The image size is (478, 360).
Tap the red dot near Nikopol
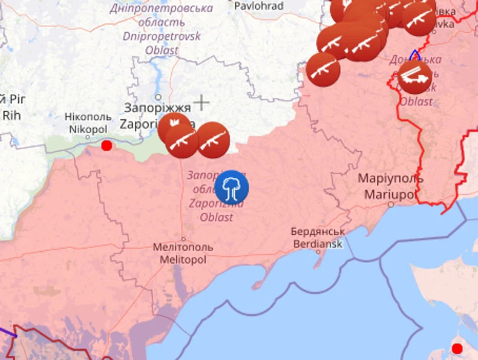point(107,145)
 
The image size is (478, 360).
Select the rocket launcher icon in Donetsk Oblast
point(415,77)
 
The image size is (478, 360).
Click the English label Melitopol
point(183,260)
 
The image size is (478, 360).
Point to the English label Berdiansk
point(318,244)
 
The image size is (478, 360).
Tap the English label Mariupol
point(391,194)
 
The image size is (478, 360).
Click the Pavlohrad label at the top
point(258,5)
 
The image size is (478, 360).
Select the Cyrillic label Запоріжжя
point(157,108)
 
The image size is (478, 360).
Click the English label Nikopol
point(88,129)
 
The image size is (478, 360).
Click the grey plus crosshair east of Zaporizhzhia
point(201,102)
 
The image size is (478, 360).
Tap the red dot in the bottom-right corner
point(457,349)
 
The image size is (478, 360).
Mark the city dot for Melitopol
point(183,239)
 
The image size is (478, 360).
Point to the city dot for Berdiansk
point(318,252)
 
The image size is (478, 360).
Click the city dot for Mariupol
point(391,205)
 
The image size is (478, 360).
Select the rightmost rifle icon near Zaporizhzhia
point(213,140)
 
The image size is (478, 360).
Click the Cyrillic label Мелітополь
point(183,247)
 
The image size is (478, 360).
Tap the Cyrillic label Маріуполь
point(391,179)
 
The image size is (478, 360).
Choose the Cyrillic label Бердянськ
point(318,232)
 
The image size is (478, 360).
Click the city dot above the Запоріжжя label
point(158,97)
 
